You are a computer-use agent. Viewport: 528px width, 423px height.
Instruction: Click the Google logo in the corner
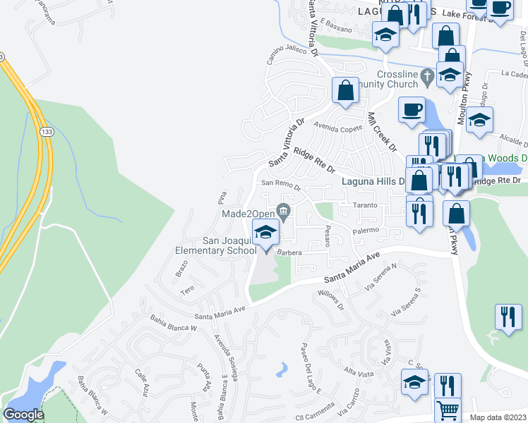coord(24,415)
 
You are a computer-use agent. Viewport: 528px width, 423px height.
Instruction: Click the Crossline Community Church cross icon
coord(426,74)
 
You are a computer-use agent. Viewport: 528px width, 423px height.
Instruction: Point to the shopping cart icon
coord(447,409)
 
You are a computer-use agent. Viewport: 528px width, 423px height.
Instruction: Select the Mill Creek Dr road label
coord(382,130)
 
